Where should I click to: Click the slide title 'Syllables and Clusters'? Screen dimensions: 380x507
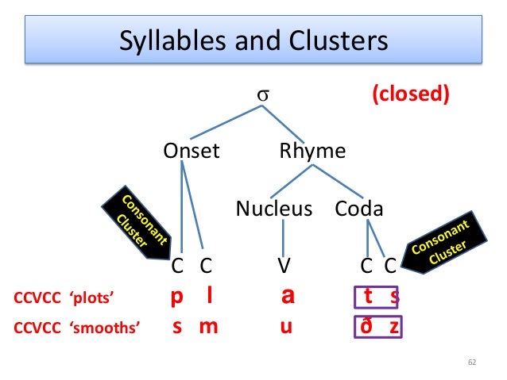click(x=253, y=40)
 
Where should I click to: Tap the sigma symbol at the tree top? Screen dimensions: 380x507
click(x=261, y=95)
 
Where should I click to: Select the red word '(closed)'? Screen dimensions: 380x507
click(x=411, y=95)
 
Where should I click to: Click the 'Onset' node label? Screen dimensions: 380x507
click(x=191, y=151)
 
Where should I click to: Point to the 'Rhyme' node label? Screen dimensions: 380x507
click(x=312, y=151)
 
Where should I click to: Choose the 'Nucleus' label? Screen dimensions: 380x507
click(x=274, y=209)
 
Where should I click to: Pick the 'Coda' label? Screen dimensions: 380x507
click(x=359, y=209)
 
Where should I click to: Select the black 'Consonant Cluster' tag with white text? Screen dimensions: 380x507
click(x=443, y=241)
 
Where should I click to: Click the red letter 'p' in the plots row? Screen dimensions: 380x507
click(x=178, y=297)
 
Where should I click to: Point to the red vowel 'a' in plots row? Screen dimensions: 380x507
click(x=288, y=297)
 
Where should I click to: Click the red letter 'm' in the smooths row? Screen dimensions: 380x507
click(x=208, y=326)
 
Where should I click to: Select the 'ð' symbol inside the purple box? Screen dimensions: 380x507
click(x=368, y=326)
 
